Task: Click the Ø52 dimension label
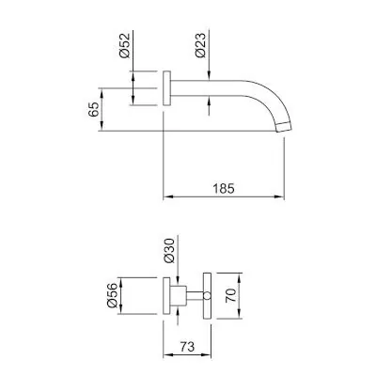[x=125, y=45]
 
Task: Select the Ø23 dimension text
[x=201, y=45]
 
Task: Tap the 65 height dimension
[x=93, y=109]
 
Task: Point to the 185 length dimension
[x=224, y=189]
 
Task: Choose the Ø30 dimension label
[x=169, y=251]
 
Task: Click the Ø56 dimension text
[x=112, y=295]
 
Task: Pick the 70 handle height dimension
[x=231, y=295]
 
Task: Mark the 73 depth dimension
[x=187, y=347]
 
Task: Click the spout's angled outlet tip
[x=285, y=128]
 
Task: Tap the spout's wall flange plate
[x=166, y=88]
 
